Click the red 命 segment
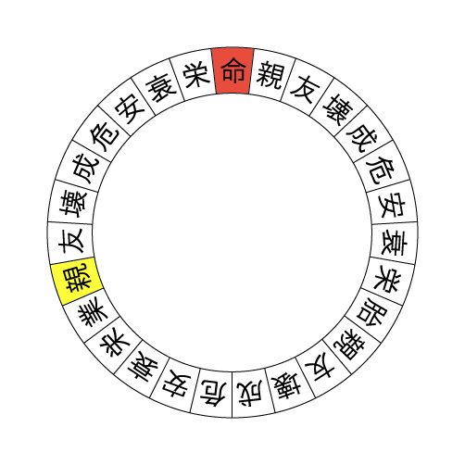tap(232, 70)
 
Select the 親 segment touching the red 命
tap(270, 74)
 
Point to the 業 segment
tap(93, 313)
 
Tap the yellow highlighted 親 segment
tap(77, 279)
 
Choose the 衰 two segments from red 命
tap(160, 87)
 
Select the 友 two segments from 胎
tap(320, 368)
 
